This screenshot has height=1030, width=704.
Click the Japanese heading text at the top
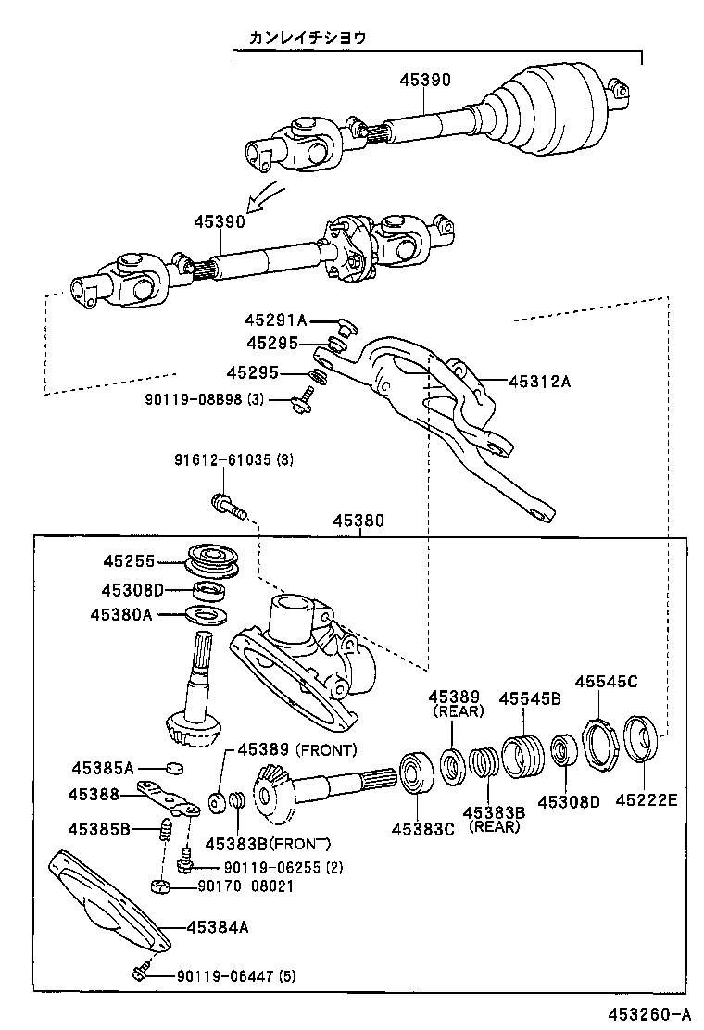307,38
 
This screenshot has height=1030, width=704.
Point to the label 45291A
275,320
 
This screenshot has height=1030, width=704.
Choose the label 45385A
103,768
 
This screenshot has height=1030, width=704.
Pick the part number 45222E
645,800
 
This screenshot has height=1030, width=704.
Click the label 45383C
422,828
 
